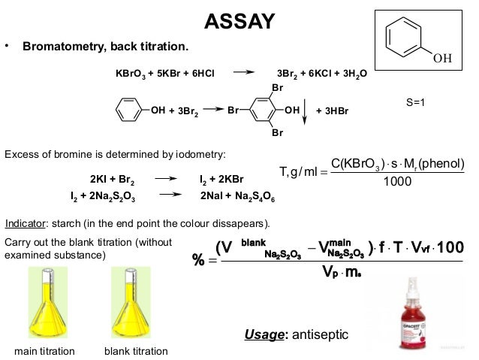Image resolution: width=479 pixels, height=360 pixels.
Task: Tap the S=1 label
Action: click(415, 101)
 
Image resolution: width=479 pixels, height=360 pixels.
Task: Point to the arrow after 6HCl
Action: click(245, 73)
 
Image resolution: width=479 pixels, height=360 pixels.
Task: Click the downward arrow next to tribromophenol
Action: click(304, 111)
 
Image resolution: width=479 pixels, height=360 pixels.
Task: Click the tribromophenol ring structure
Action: click(269, 110)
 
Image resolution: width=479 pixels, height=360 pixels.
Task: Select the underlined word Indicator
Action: click(25, 223)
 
